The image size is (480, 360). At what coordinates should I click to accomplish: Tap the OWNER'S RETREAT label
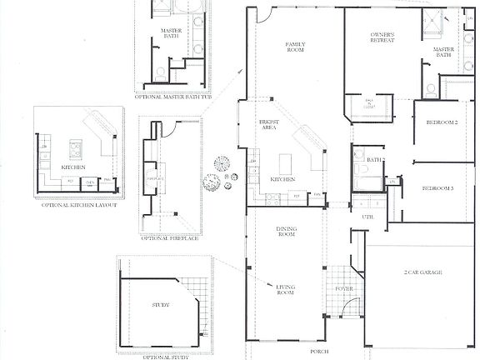[x=382, y=38]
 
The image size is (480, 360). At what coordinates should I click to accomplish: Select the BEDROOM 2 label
[x=442, y=122]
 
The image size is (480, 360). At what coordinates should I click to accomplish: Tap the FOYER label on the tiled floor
[x=344, y=291]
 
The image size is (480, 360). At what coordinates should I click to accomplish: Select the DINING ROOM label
[x=287, y=232]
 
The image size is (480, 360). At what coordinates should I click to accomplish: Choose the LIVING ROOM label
[x=286, y=290]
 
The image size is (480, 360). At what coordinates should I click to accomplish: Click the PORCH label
[x=319, y=352]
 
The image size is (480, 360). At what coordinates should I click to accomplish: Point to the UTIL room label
[x=367, y=217]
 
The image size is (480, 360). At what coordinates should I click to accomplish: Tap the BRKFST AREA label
[x=269, y=126]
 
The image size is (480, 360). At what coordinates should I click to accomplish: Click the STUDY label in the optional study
[x=161, y=305]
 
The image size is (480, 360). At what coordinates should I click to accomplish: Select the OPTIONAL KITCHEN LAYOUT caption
[x=75, y=205]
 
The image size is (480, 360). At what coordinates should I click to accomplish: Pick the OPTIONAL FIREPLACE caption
[x=169, y=238]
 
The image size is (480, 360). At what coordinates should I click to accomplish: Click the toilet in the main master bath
[x=431, y=88]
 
